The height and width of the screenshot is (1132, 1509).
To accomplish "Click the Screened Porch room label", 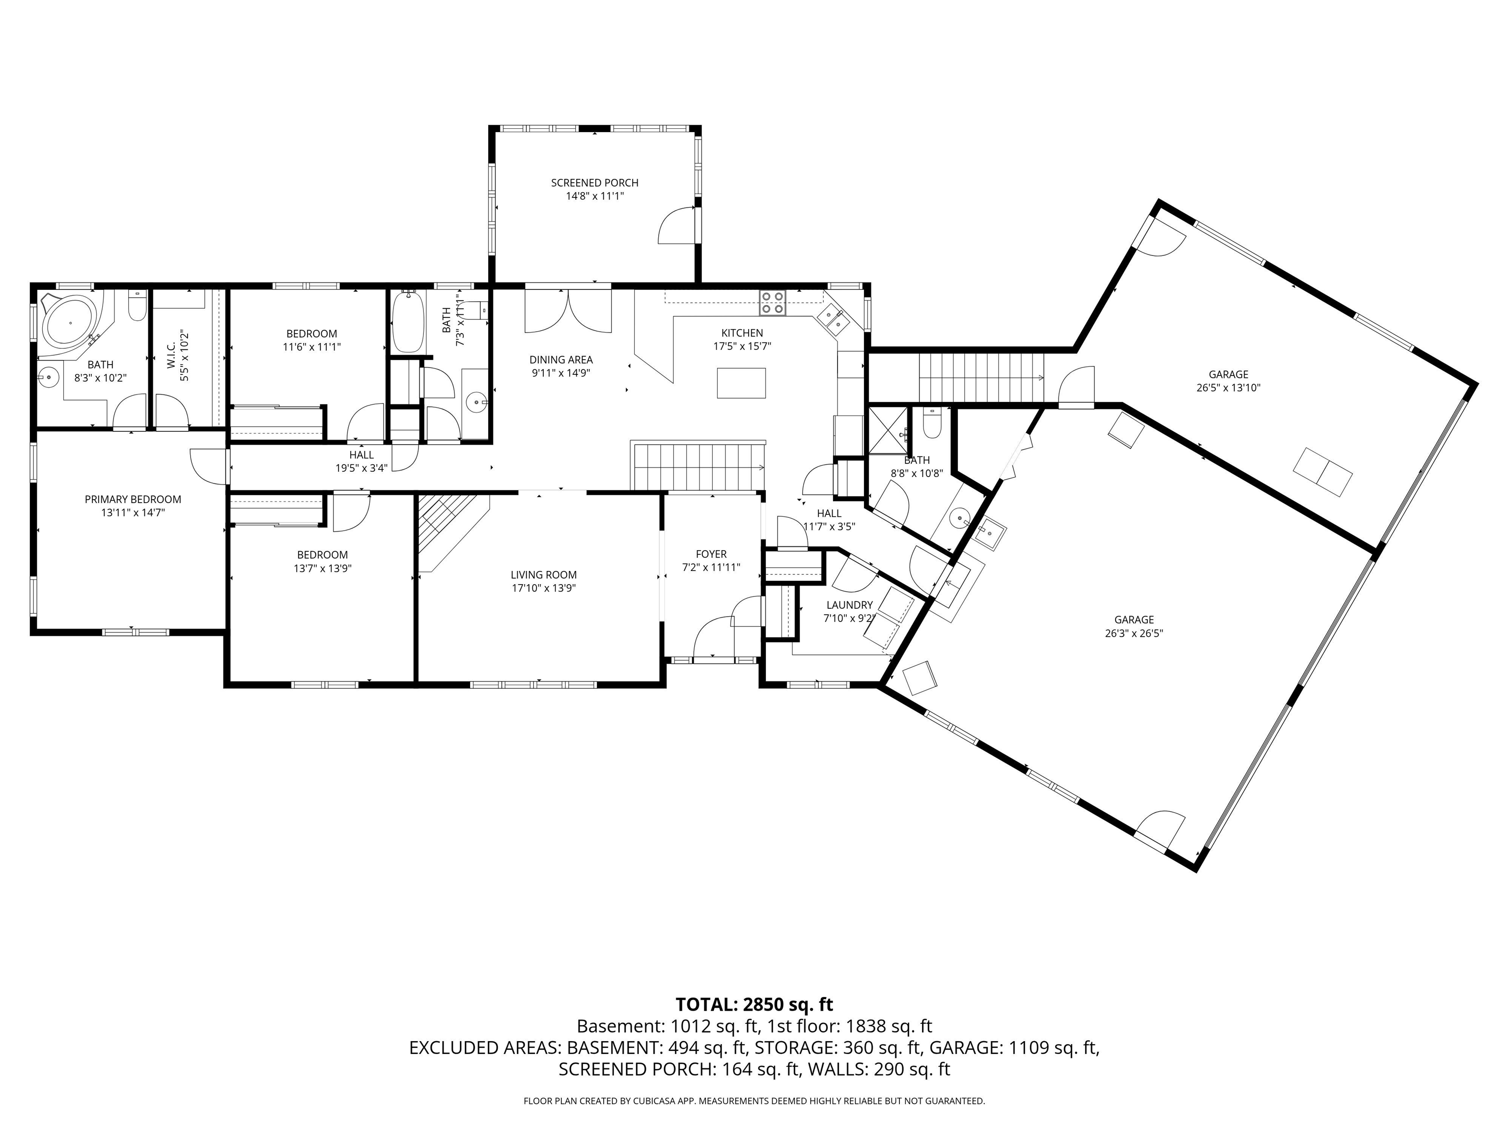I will (x=594, y=183).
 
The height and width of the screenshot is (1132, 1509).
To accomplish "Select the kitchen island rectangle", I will (x=741, y=382).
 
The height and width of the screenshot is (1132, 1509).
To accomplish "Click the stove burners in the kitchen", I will (x=773, y=302).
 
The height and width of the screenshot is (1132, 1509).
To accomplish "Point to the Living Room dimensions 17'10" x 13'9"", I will (x=544, y=588).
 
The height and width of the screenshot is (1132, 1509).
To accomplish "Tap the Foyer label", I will (x=711, y=554).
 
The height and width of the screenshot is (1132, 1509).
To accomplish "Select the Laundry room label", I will (x=849, y=605).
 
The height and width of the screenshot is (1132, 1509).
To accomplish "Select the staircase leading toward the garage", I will (x=981, y=377).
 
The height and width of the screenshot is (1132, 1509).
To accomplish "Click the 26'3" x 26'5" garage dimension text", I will (x=1134, y=633).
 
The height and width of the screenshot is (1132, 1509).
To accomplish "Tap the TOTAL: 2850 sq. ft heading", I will (x=754, y=1004).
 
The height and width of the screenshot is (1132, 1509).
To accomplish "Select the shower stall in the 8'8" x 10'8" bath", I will (x=888, y=430).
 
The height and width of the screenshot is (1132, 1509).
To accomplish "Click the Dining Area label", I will (x=561, y=360).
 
